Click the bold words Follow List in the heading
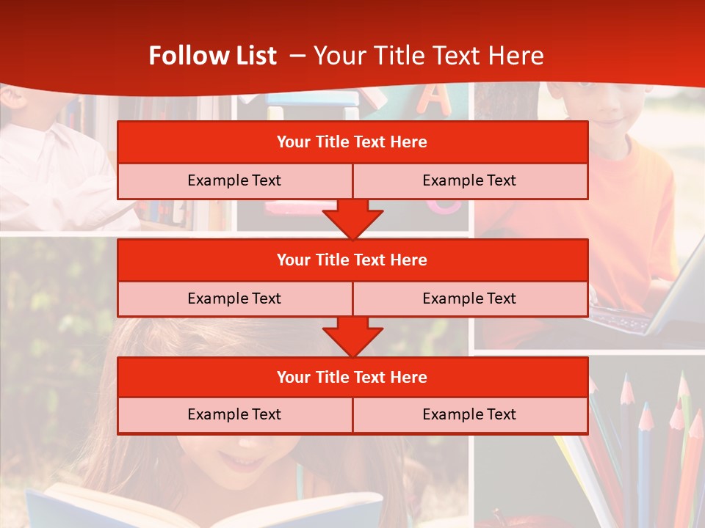(x=212, y=56)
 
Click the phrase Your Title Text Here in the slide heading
(x=428, y=56)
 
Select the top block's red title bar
(x=352, y=142)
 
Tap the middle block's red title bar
(x=352, y=260)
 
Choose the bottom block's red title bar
(x=352, y=378)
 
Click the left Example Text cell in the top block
(x=234, y=181)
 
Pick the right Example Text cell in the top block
(x=469, y=181)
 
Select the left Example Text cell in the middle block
(x=234, y=298)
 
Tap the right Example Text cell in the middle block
(x=469, y=298)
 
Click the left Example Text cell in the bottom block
(x=234, y=415)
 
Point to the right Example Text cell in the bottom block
(x=469, y=415)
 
